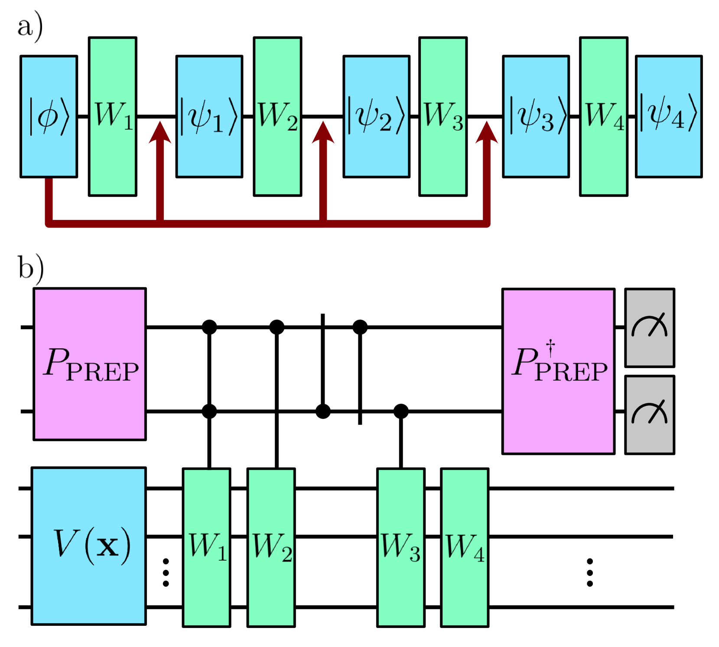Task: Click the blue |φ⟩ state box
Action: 49,116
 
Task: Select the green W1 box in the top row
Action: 112,116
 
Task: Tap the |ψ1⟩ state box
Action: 209,116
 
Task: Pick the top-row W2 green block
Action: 277,116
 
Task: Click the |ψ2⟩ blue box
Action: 376,116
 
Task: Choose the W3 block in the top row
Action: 442,116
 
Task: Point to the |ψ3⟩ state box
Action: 536,116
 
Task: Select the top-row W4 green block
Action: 603,116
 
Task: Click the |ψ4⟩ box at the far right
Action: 668,116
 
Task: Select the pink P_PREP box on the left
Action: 89,364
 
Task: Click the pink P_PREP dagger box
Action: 558,371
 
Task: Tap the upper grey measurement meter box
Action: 649,327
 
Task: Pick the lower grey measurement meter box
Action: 649,415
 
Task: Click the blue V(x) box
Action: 88,546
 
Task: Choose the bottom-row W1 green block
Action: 206,547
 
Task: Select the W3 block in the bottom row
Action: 400,547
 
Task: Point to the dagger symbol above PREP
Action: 550,347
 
